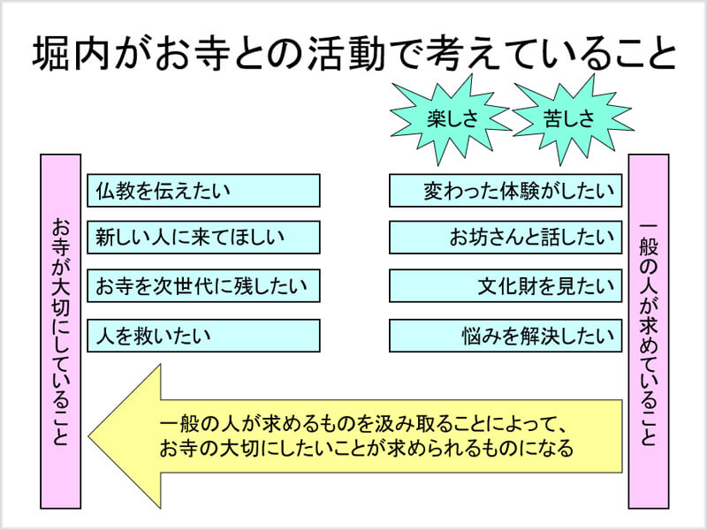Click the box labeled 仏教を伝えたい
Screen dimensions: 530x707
[203, 190]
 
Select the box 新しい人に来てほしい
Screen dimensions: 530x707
[203, 238]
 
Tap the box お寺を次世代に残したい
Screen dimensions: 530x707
[203, 286]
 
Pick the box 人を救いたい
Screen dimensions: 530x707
[203, 336]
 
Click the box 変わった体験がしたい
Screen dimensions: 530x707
[505, 190]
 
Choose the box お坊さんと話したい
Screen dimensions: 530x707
[505, 238]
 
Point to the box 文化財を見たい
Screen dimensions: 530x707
[505, 286]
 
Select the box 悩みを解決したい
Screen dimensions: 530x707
[505, 336]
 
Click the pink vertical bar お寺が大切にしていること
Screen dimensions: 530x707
[61, 331]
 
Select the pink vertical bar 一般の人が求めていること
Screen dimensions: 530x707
[648, 331]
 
